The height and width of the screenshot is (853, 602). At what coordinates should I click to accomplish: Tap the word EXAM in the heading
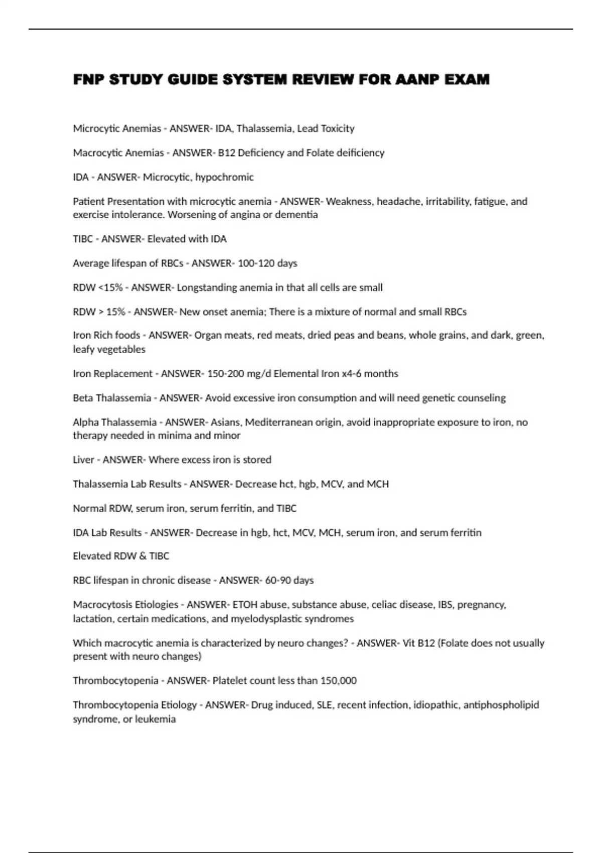pyautogui.click(x=467, y=79)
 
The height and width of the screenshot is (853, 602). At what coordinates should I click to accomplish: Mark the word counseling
pyautogui.click(x=483, y=398)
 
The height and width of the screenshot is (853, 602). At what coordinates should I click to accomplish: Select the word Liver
pyautogui.click(x=83, y=460)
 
